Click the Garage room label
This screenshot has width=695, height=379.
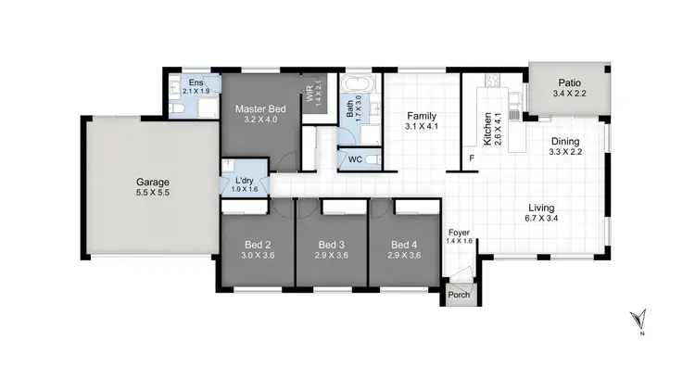click(153, 182)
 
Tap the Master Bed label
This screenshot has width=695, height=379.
click(259, 108)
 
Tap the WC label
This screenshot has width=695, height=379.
click(355, 159)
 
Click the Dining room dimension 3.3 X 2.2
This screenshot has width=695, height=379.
click(564, 152)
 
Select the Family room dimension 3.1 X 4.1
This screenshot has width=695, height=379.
click(422, 126)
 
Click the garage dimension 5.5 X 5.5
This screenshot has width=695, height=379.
click(153, 194)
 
